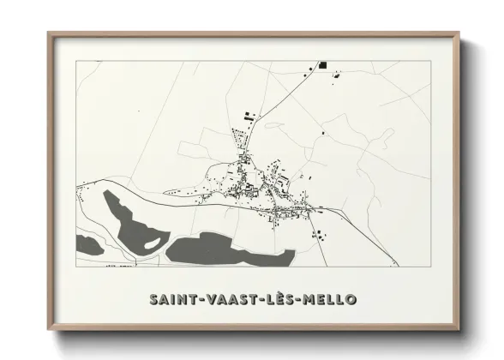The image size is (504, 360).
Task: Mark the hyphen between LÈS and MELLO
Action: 302,300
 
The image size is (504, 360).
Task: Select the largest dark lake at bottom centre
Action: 227,248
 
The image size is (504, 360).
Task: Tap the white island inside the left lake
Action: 151,243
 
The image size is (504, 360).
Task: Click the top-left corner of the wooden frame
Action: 49,33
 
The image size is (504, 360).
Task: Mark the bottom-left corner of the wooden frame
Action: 49,330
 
